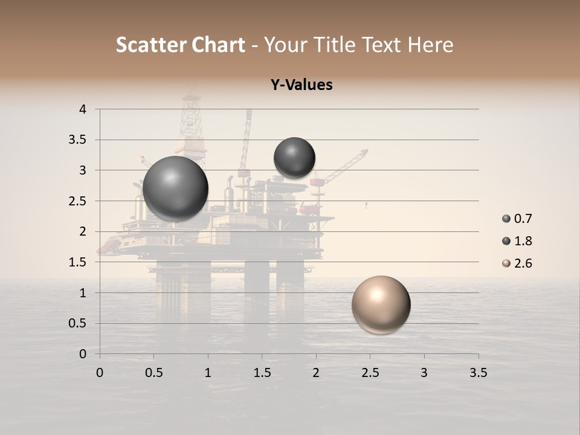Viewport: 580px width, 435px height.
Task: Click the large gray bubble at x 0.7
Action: pos(175,188)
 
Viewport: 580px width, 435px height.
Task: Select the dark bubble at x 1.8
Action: pos(294,158)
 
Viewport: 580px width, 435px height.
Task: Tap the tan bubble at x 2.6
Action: pos(381,304)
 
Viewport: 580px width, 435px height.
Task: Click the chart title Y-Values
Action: pos(301,85)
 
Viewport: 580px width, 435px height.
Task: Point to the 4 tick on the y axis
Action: pos(83,109)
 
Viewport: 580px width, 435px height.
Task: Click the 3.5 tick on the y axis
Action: pos(79,140)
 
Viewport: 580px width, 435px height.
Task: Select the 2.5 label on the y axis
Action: pos(79,201)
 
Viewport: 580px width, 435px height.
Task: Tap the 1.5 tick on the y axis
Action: pos(79,262)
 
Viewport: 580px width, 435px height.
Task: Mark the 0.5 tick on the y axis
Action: pos(79,323)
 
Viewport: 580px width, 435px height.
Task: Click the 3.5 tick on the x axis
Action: pos(478,373)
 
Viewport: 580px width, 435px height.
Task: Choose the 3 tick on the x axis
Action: pos(424,373)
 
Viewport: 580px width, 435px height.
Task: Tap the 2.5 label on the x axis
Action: pos(370,373)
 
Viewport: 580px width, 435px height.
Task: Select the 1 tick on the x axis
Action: pos(208,373)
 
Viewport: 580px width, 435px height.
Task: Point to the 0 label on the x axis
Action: pos(100,373)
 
